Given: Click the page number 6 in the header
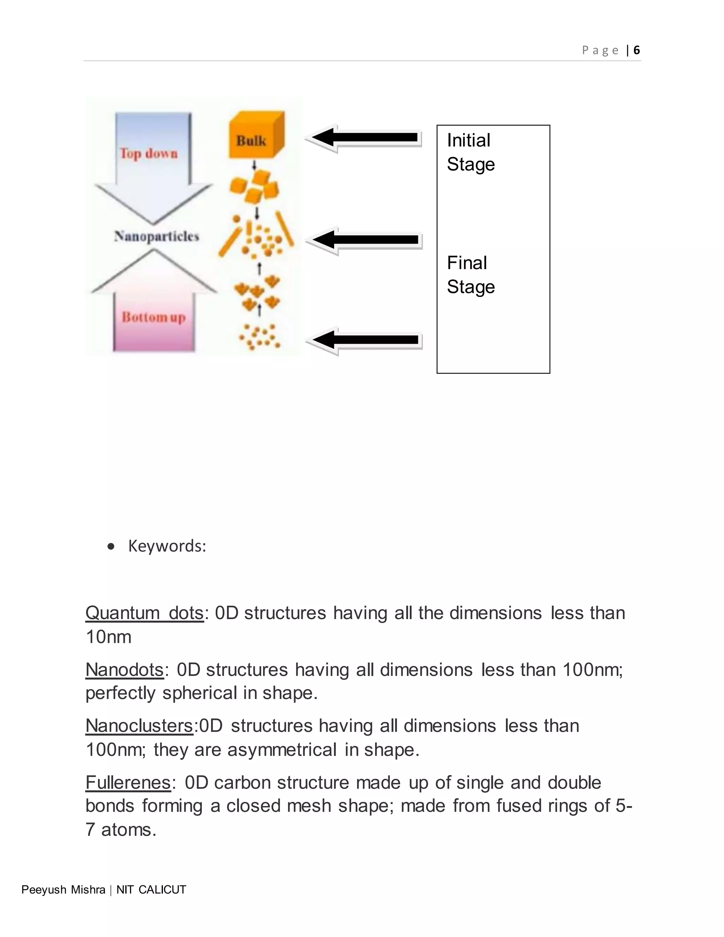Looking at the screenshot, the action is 636,50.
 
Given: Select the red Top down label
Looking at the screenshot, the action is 148,153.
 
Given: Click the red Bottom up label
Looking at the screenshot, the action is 153,317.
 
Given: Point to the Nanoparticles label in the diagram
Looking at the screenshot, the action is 157,236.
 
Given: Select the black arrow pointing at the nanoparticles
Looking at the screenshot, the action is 364,239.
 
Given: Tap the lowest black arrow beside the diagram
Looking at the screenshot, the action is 364,340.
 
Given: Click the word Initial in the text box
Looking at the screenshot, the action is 468,140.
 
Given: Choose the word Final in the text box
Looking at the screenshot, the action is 467,263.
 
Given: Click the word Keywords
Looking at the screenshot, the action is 167,546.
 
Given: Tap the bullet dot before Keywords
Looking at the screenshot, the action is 111,547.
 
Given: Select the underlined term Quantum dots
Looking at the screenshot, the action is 145,613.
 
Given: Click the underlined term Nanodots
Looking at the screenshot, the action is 124,669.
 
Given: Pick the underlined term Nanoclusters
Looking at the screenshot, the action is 139,726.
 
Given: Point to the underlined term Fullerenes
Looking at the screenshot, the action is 128,782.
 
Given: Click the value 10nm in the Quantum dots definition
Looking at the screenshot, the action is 109,637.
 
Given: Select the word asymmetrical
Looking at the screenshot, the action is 282,750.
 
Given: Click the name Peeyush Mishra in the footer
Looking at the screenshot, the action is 64,890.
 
